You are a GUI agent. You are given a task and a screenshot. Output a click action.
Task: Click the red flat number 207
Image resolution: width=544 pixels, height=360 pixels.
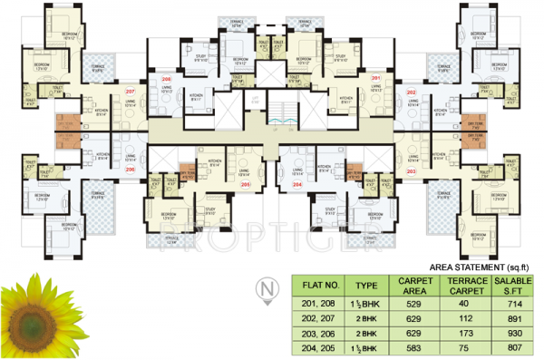[130, 92]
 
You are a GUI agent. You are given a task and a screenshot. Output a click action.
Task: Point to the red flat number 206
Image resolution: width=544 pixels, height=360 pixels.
[130, 170]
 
